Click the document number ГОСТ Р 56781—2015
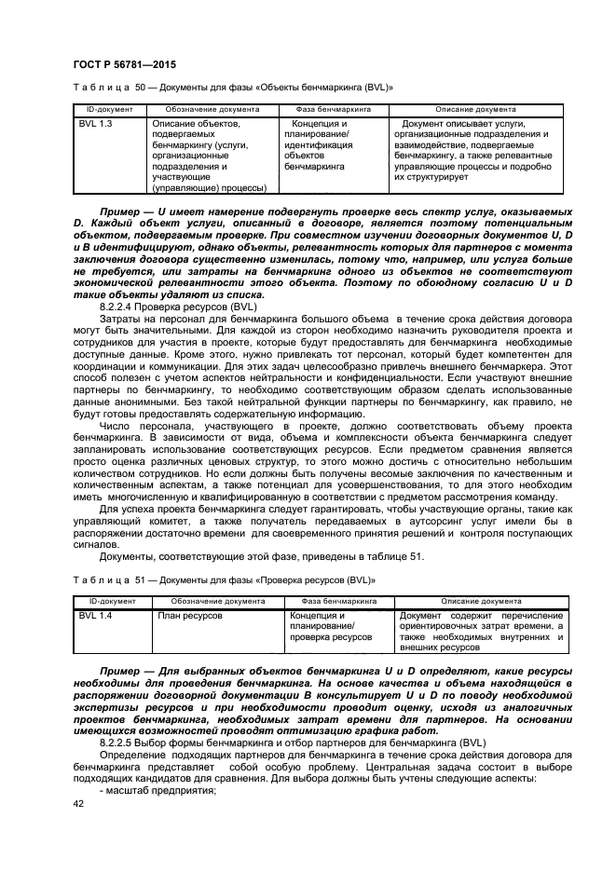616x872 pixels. click(x=124, y=64)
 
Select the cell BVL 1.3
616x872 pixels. click(x=95, y=123)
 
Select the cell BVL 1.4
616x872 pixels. click(x=95, y=616)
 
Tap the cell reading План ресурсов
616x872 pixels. click(x=189, y=616)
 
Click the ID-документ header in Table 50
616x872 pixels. click(x=107, y=109)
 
